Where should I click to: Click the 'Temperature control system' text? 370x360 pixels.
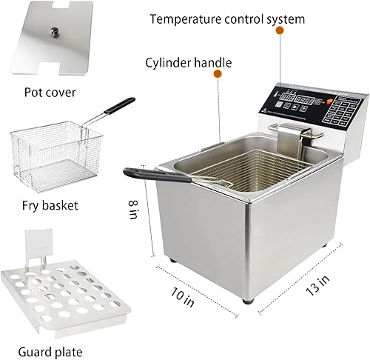pos(226,18)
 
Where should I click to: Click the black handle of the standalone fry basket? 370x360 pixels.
pos(119,107)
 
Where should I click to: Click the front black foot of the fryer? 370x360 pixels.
pos(249,299)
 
